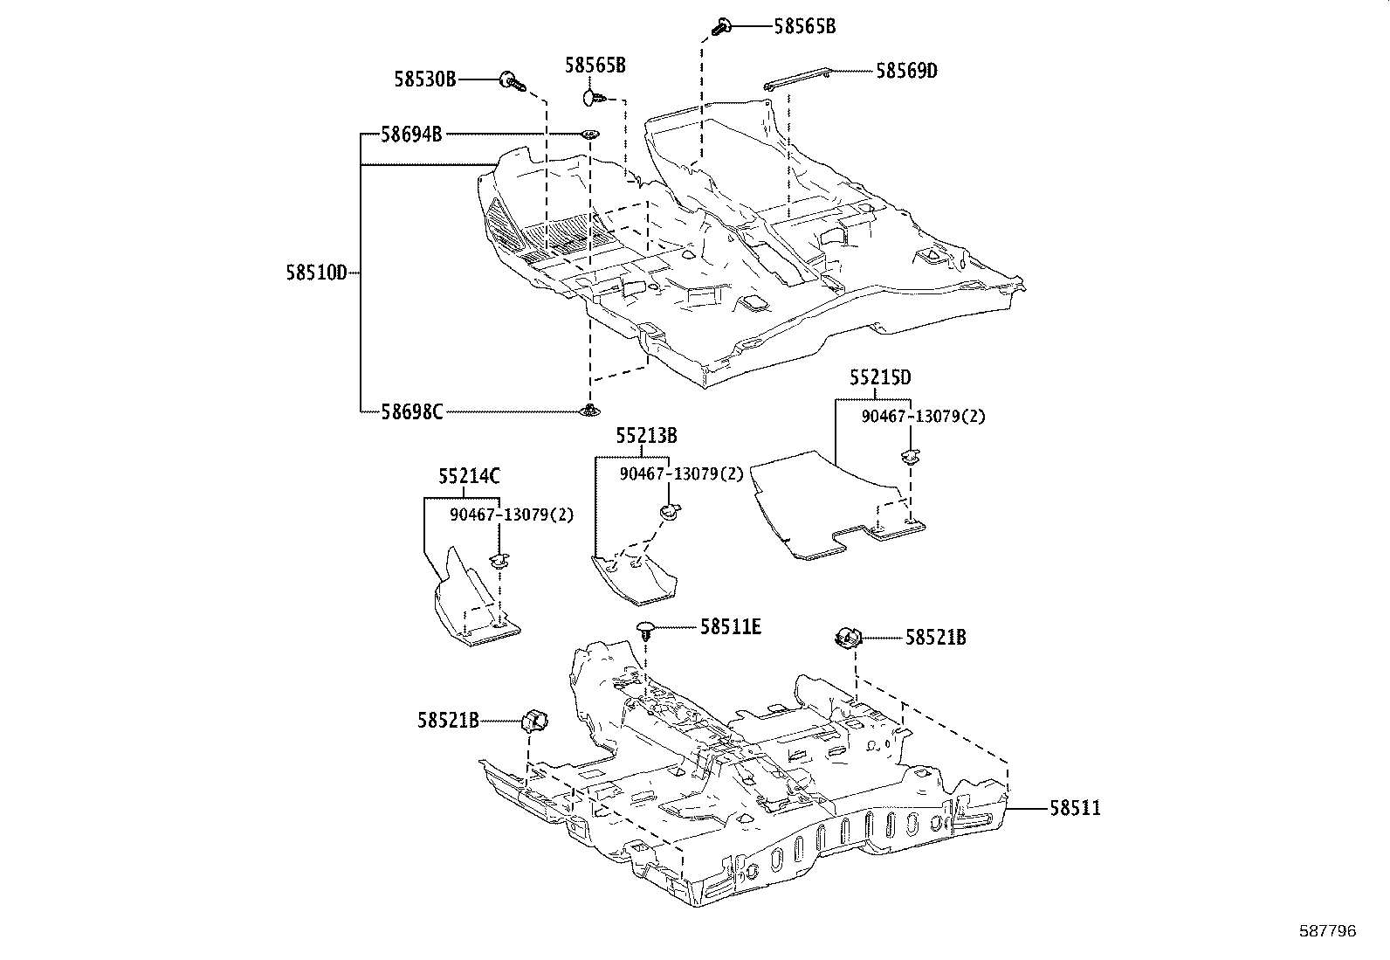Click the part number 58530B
[x=424, y=79]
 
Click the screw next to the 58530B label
[x=512, y=82]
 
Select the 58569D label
[x=906, y=71]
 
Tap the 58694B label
[x=410, y=135]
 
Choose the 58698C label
[x=411, y=411]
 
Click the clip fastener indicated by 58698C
[x=591, y=410]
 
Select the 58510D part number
[x=316, y=272]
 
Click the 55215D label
[x=881, y=377]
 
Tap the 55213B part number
[x=646, y=435]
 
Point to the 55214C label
[x=469, y=476]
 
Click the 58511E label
[x=730, y=626]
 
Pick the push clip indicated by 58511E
[x=644, y=629]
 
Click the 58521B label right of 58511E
[x=935, y=638]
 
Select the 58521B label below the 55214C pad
[x=448, y=721]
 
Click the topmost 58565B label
[x=804, y=26]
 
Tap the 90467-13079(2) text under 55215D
[x=923, y=417]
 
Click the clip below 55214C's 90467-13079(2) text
[x=499, y=560]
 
